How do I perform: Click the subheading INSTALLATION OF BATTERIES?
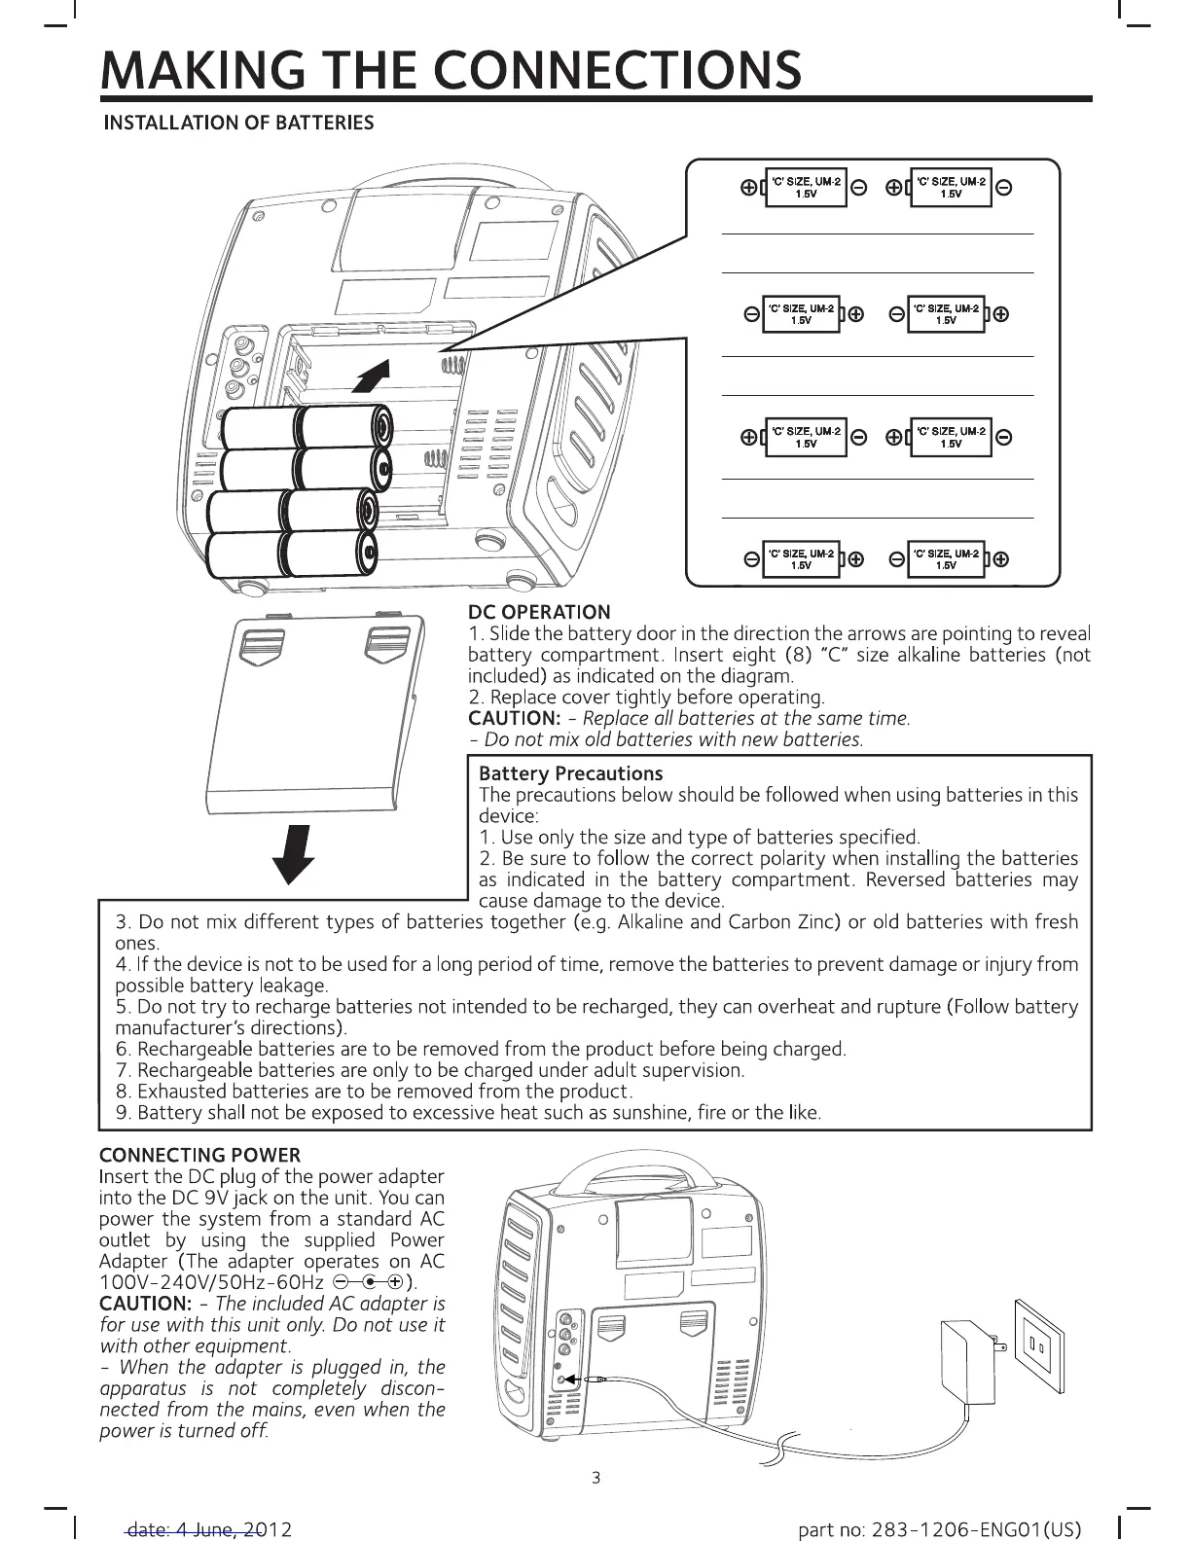pos(239,123)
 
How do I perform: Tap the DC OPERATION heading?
pos(539,612)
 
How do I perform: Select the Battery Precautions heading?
pos(571,773)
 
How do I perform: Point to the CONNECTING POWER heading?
pos(200,1155)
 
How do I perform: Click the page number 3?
pos(595,1479)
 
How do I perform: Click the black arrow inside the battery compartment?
pos(374,376)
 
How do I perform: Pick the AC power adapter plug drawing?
pos(967,1361)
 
